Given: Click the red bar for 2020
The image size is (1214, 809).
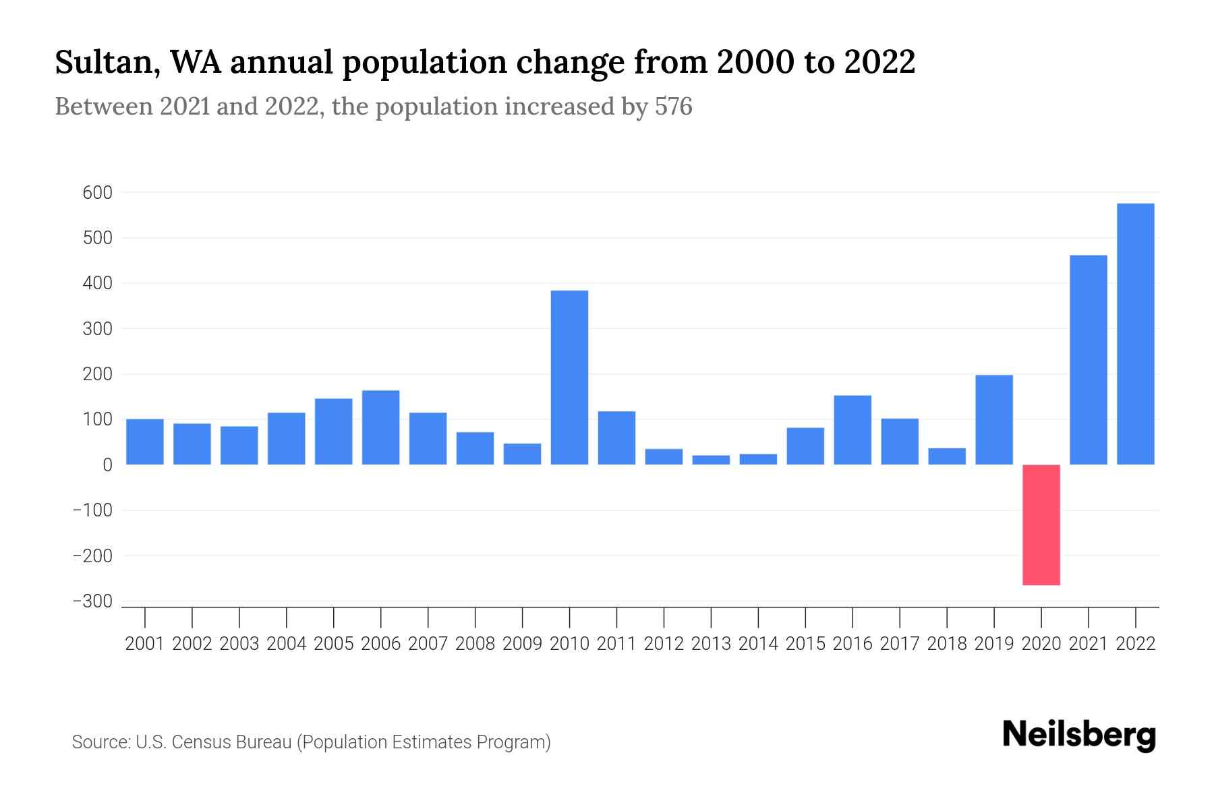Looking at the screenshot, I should (x=1041, y=525).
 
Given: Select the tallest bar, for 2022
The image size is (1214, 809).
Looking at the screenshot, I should (x=1136, y=334).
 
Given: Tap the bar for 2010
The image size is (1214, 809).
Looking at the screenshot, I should (x=569, y=378).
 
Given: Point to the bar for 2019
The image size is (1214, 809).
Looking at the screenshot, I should (x=994, y=419).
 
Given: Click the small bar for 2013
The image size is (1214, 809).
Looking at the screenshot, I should (x=711, y=460).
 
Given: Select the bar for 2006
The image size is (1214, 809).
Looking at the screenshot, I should (x=380, y=427).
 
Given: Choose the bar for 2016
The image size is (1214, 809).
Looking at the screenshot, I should (x=852, y=429).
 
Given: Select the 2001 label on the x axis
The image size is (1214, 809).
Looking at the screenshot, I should (x=145, y=644).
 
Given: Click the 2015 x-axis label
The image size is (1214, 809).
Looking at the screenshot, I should (x=805, y=644).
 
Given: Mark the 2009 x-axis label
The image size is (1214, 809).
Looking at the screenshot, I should (x=522, y=644).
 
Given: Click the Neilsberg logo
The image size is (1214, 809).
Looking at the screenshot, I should (x=1079, y=736).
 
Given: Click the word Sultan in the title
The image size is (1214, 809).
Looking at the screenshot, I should (x=106, y=63).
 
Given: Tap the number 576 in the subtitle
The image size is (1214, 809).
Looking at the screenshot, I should (x=673, y=107).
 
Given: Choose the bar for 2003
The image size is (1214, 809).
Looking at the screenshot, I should (x=239, y=445).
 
